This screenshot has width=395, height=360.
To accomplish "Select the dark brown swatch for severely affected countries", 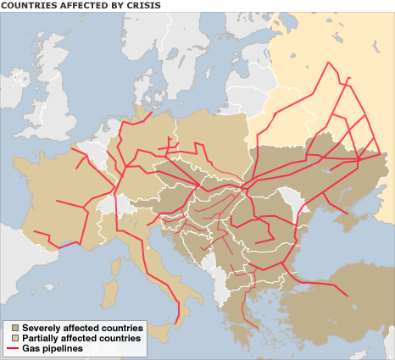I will point(13,327).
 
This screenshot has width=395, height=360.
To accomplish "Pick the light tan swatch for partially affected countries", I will point(13,337).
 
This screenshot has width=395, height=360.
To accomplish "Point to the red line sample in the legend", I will point(13,348).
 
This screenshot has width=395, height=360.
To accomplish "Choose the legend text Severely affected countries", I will point(82,327).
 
